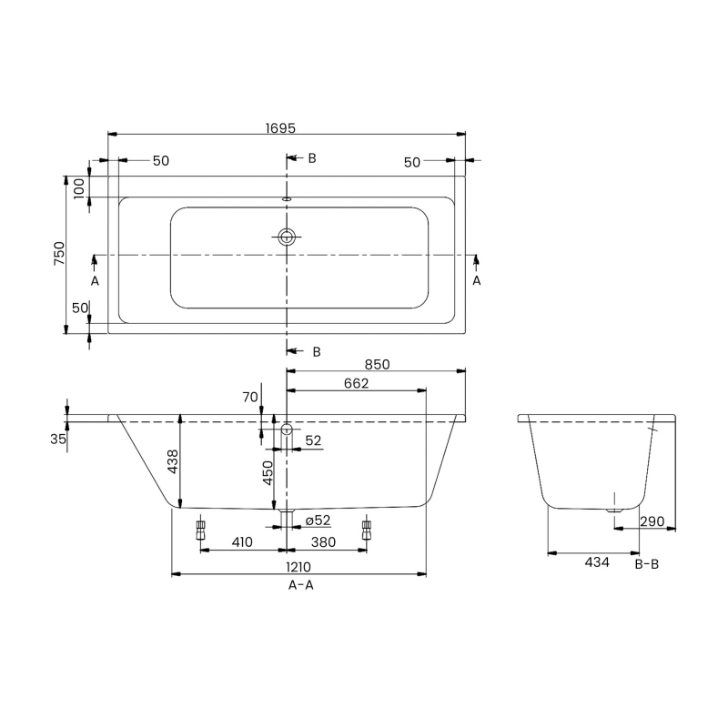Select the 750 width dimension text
[x=59, y=253]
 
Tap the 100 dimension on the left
[x=79, y=187]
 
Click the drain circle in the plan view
[x=288, y=238]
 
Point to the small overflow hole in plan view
[x=288, y=196]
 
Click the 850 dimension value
[x=378, y=364]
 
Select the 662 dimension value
[x=356, y=384]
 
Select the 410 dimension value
[x=241, y=542]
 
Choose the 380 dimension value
[x=324, y=542]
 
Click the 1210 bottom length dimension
[x=300, y=566]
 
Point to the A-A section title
[x=300, y=586]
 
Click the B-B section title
[x=646, y=564]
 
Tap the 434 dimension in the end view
[x=596, y=562]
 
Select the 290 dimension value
[x=653, y=521]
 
